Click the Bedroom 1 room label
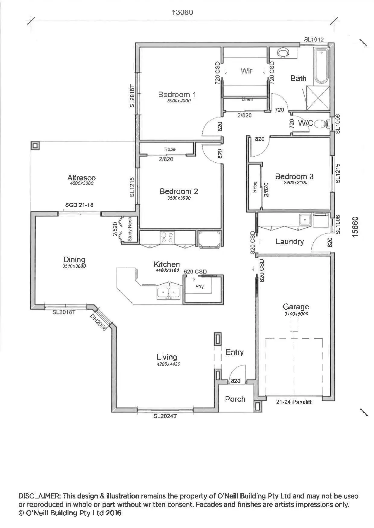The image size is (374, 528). (x=177, y=95)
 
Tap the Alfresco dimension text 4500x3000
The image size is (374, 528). (x=81, y=183)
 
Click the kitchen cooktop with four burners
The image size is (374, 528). (x=167, y=237)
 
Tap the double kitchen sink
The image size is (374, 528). (x=168, y=293)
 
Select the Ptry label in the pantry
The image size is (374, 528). (x=199, y=286)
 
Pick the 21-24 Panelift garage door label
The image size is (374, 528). (x=294, y=402)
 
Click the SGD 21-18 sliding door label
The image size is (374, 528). (x=79, y=205)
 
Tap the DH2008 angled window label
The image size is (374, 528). (x=98, y=322)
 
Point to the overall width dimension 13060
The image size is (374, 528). (x=182, y=12)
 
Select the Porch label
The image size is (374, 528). (x=235, y=399)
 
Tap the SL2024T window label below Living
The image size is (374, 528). (x=165, y=416)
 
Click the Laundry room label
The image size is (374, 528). (x=290, y=242)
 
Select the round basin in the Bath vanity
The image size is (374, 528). (x=283, y=53)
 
